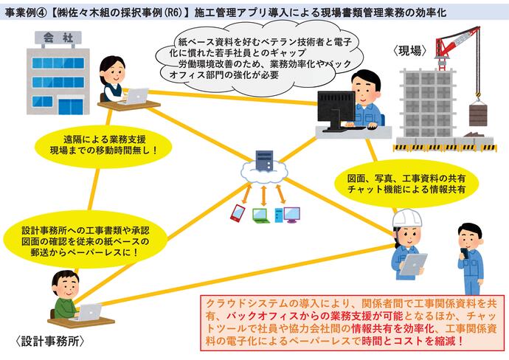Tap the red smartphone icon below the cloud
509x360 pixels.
(238, 213)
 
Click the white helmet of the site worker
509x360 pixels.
(405, 219)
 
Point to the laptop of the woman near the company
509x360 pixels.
(136, 95)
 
